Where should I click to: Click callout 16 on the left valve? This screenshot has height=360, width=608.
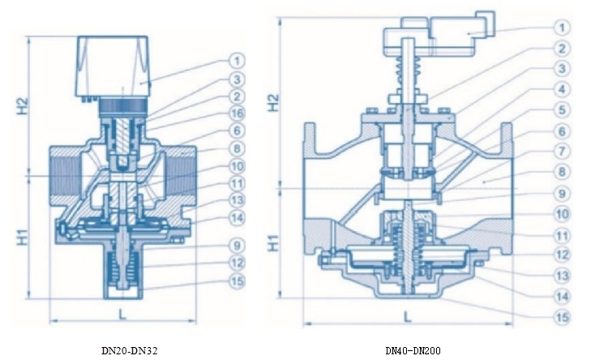click(237, 114)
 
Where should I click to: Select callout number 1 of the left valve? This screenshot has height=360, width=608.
click(237, 60)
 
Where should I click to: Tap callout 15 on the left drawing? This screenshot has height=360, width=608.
click(237, 281)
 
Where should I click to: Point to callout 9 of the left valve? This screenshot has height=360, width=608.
click(237, 245)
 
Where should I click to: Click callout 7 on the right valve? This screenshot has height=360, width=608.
click(562, 151)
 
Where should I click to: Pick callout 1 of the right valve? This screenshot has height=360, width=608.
click(562, 28)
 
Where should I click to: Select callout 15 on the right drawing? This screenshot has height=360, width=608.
click(562, 317)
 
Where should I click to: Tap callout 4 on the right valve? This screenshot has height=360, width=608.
click(562, 89)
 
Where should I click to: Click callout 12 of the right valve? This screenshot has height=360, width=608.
click(562, 255)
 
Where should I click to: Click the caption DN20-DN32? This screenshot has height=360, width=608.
click(130, 351)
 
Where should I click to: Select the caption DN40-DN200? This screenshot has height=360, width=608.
click(413, 351)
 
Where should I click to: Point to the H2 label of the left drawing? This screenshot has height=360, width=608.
click(24, 106)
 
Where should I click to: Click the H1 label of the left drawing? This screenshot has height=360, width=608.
click(24, 238)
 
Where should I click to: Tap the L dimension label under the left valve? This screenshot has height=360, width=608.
click(122, 314)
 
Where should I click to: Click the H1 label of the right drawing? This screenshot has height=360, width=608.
click(274, 243)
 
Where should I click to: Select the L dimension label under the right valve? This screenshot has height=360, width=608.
click(407, 316)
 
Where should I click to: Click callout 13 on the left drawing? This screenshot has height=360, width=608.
click(237, 200)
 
